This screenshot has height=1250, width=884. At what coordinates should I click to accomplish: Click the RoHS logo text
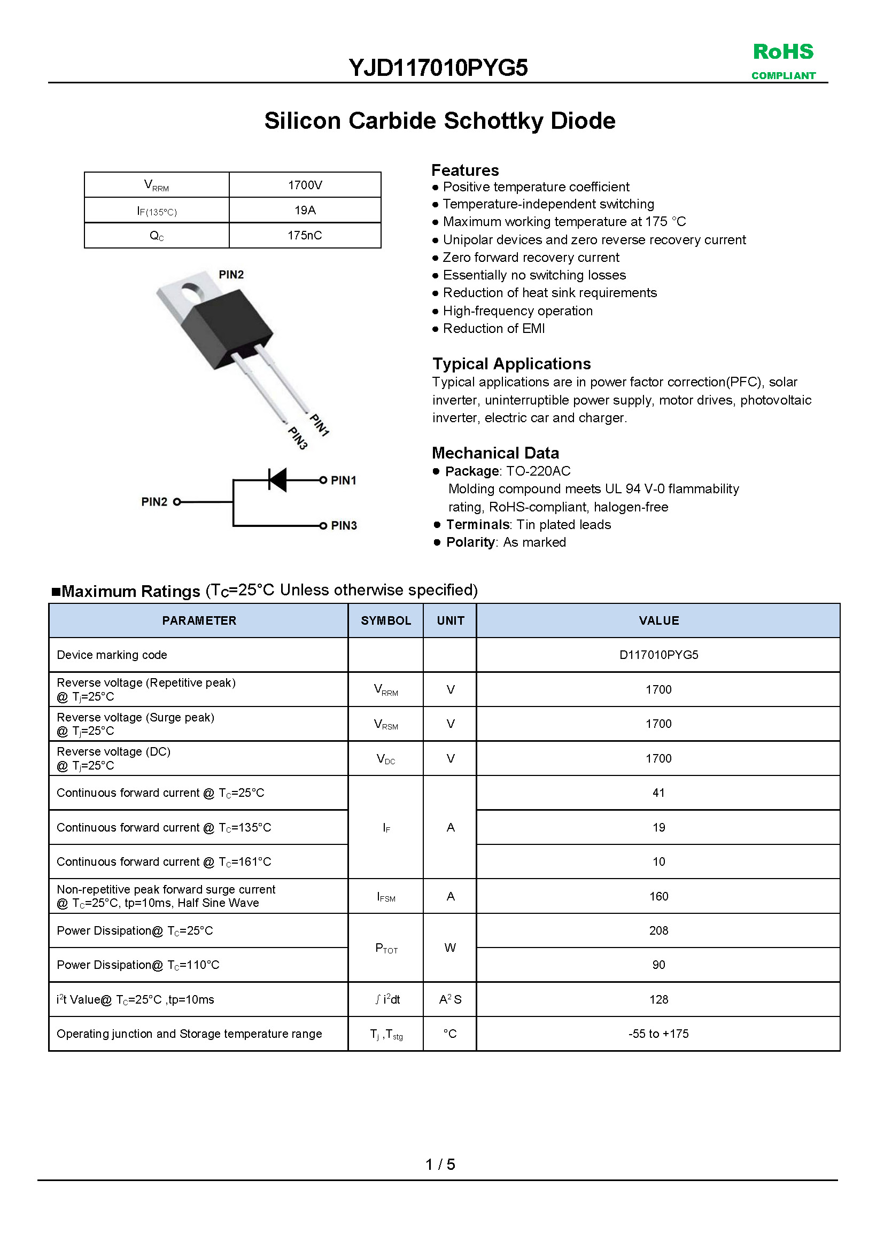tap(783, 52)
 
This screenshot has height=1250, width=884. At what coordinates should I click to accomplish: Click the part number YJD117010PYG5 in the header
tap(438, 68)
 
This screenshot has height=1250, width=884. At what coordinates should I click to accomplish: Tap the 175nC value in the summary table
tap(305, 235)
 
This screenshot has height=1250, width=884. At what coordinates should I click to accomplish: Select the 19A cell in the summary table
tap(305, 210)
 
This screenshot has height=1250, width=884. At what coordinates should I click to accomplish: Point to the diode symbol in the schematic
tap(278, 479)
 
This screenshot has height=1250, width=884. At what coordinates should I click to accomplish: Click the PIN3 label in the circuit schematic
tap(344, 525)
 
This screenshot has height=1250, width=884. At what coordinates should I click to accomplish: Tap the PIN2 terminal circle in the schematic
tap(177, 502)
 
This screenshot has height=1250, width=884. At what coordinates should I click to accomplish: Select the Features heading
tap(465, 170)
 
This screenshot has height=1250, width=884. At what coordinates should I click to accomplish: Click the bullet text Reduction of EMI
tap(494, 328)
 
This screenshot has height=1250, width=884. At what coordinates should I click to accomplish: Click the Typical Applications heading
tap(511, 364)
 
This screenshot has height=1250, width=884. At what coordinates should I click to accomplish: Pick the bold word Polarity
tap(470, 542)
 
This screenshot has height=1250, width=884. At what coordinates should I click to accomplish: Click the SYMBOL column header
tap(386, 620)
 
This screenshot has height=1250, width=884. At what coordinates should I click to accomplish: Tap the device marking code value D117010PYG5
tap(658, 655)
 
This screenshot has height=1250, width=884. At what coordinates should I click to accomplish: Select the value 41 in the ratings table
tap(658, 793)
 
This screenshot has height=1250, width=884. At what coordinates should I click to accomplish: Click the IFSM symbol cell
tap(386, 897)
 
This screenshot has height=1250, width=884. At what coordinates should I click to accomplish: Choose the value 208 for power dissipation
tap(658, 930)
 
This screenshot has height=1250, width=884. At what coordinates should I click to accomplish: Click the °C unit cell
tap(450, 1034)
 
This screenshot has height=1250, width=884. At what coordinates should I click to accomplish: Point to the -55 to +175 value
tap(658, 1034)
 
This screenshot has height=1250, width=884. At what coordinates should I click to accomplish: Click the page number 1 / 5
tap(440, 1164)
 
